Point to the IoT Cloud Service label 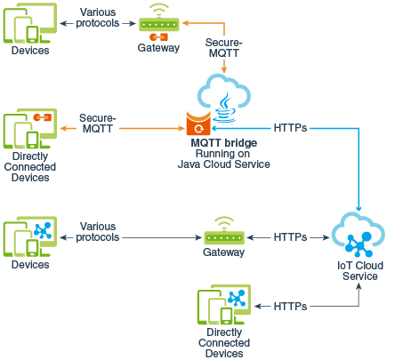tap(359, 270)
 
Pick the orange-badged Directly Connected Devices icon tap(29, 130)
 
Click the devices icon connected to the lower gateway tap(29, 236)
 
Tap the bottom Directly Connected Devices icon tap(222, 306)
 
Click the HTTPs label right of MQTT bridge tap(291, 127)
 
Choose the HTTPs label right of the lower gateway tap(291, 237)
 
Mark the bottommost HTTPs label tap(291, 306)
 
